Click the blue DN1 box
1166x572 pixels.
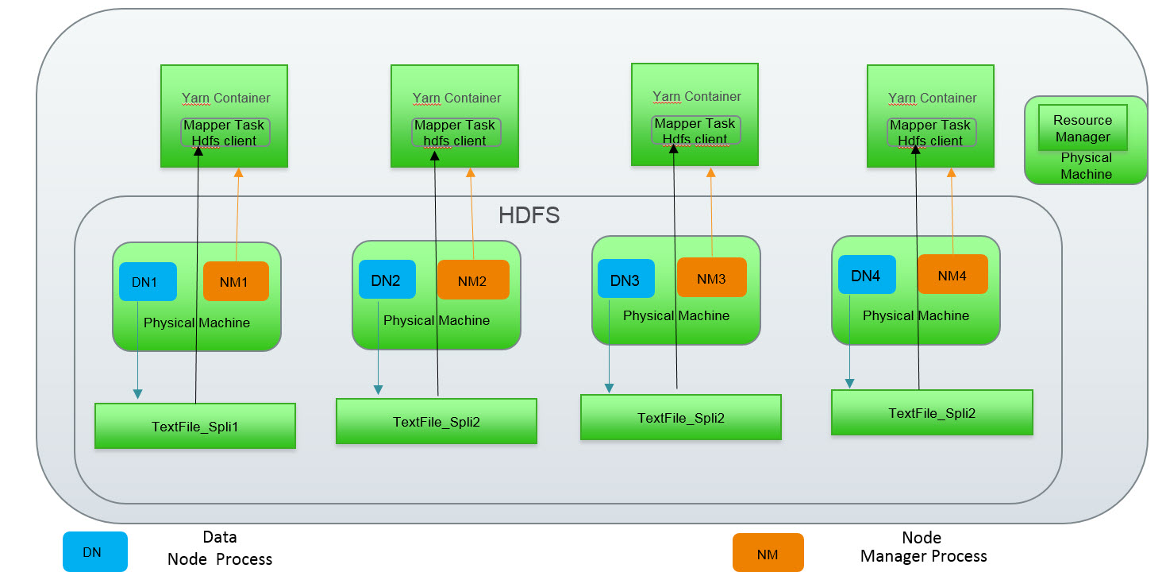(x=148, y=282)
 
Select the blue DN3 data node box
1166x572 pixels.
(x=626, y=279)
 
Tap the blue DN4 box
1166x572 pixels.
(x=867, y=275)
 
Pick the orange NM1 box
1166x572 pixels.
(x=236, y=281)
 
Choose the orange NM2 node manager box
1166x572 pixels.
(x=473, y=280)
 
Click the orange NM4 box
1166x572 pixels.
(x=952, y=275)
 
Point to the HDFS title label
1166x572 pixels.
(x=529, y=215)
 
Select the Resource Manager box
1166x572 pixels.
(x=1083, y=128)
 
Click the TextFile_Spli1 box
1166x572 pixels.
(x=195, y=427)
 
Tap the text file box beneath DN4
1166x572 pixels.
(x=932, y=412)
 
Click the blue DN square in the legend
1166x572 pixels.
(x=94, y=551)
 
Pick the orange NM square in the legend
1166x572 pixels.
(x=768, y=553)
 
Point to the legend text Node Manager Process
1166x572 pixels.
(x=923, y=547)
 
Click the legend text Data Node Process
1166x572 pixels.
(x=220, y=548)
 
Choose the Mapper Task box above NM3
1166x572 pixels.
(x=695, y=131)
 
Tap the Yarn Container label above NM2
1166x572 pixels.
(x=456, y=99)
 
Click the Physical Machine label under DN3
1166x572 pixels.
(x=676, y=315)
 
